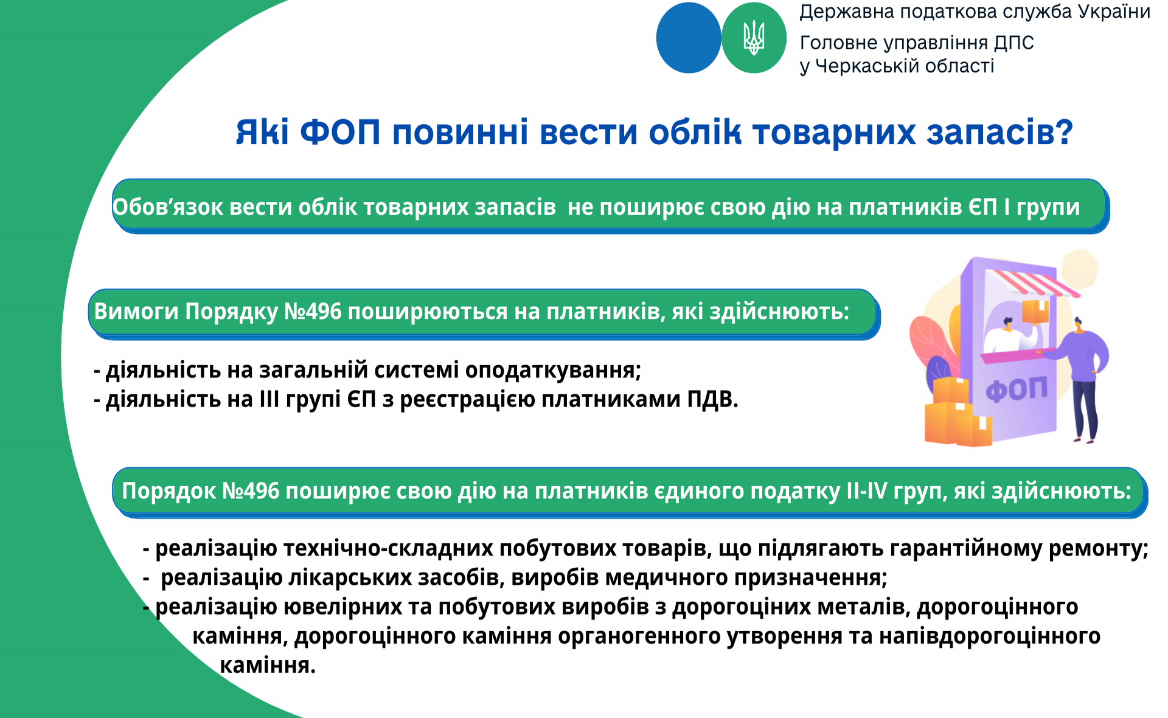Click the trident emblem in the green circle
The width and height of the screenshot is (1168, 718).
(754, 38)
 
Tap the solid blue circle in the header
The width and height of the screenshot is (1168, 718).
(689, 38)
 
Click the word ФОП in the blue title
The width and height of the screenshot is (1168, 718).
(340, 132)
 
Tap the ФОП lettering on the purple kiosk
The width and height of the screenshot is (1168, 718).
(1017, 390)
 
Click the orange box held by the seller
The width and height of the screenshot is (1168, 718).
(1035, 311)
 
